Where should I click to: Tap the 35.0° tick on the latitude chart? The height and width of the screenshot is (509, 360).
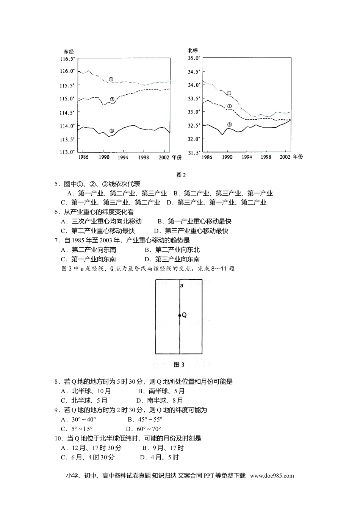[194, 58]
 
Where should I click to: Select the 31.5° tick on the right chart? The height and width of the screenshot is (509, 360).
[194, 153]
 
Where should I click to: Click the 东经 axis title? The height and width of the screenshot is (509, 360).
[69, 52]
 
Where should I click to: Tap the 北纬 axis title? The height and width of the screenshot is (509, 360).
[193, 50]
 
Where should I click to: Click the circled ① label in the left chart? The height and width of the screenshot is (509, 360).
[111, 79]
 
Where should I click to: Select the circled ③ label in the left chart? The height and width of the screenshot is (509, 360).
[111, 131]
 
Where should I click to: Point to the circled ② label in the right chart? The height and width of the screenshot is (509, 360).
[229, 106]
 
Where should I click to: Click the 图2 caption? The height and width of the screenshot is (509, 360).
[181, 175]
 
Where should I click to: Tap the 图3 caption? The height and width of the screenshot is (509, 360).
[179, 365]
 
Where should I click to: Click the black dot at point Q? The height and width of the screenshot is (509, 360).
[180, 315]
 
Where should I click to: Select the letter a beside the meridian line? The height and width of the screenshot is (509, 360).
[182, 286]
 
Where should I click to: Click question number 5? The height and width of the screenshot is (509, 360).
[57, 184]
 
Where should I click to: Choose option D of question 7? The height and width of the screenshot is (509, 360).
[172, 259]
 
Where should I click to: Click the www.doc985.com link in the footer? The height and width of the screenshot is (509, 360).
[272, 476]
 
